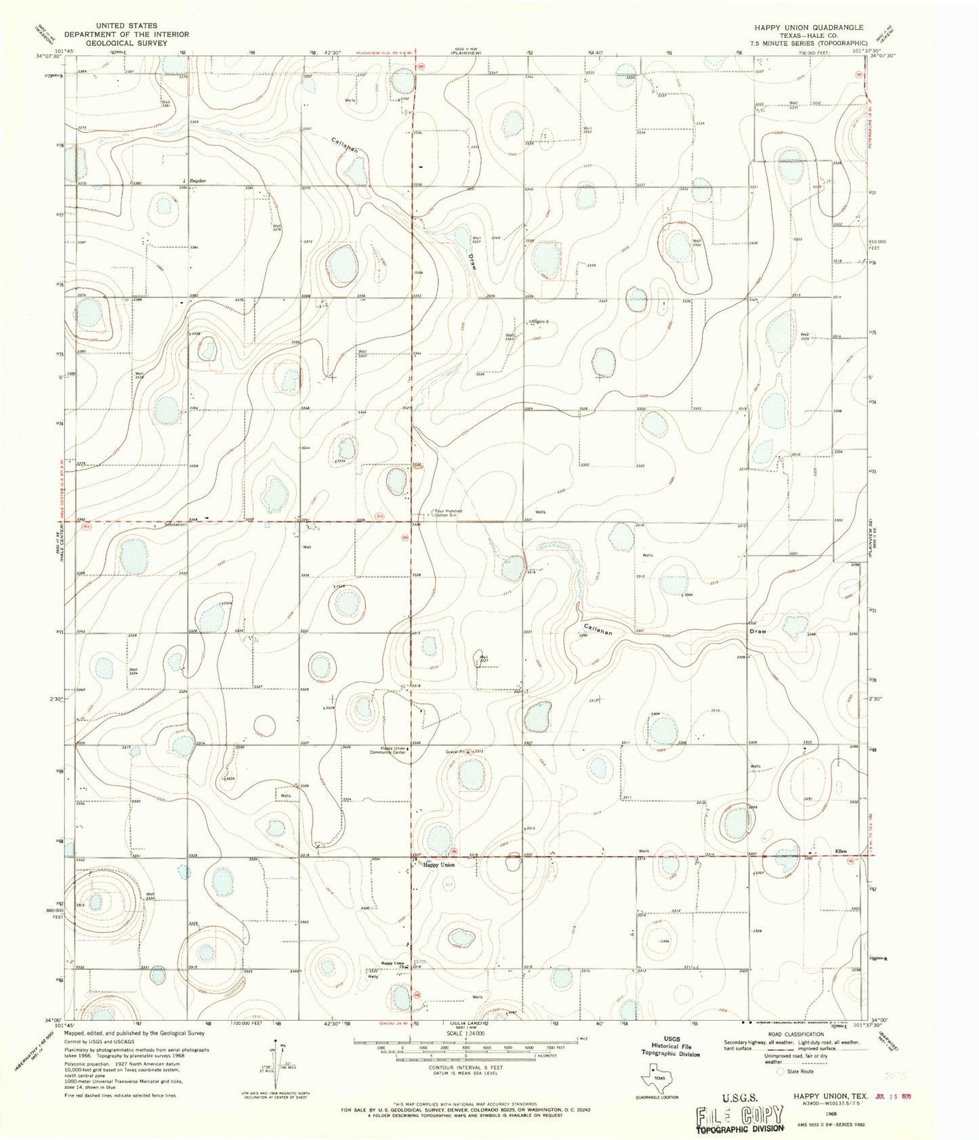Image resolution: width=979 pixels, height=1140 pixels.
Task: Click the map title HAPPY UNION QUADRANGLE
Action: click(810, 28)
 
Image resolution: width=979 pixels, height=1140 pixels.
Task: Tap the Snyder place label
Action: click(197, 181)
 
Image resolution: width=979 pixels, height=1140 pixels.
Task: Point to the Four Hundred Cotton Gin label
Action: click(448, 513)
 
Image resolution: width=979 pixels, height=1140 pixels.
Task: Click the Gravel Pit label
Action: click(454, 751)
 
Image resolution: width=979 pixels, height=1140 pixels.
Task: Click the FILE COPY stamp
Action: click(741, 1115)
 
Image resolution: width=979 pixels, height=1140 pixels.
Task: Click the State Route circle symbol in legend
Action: click(782, 1072)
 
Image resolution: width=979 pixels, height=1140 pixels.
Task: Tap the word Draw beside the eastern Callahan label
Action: click(758, 631)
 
